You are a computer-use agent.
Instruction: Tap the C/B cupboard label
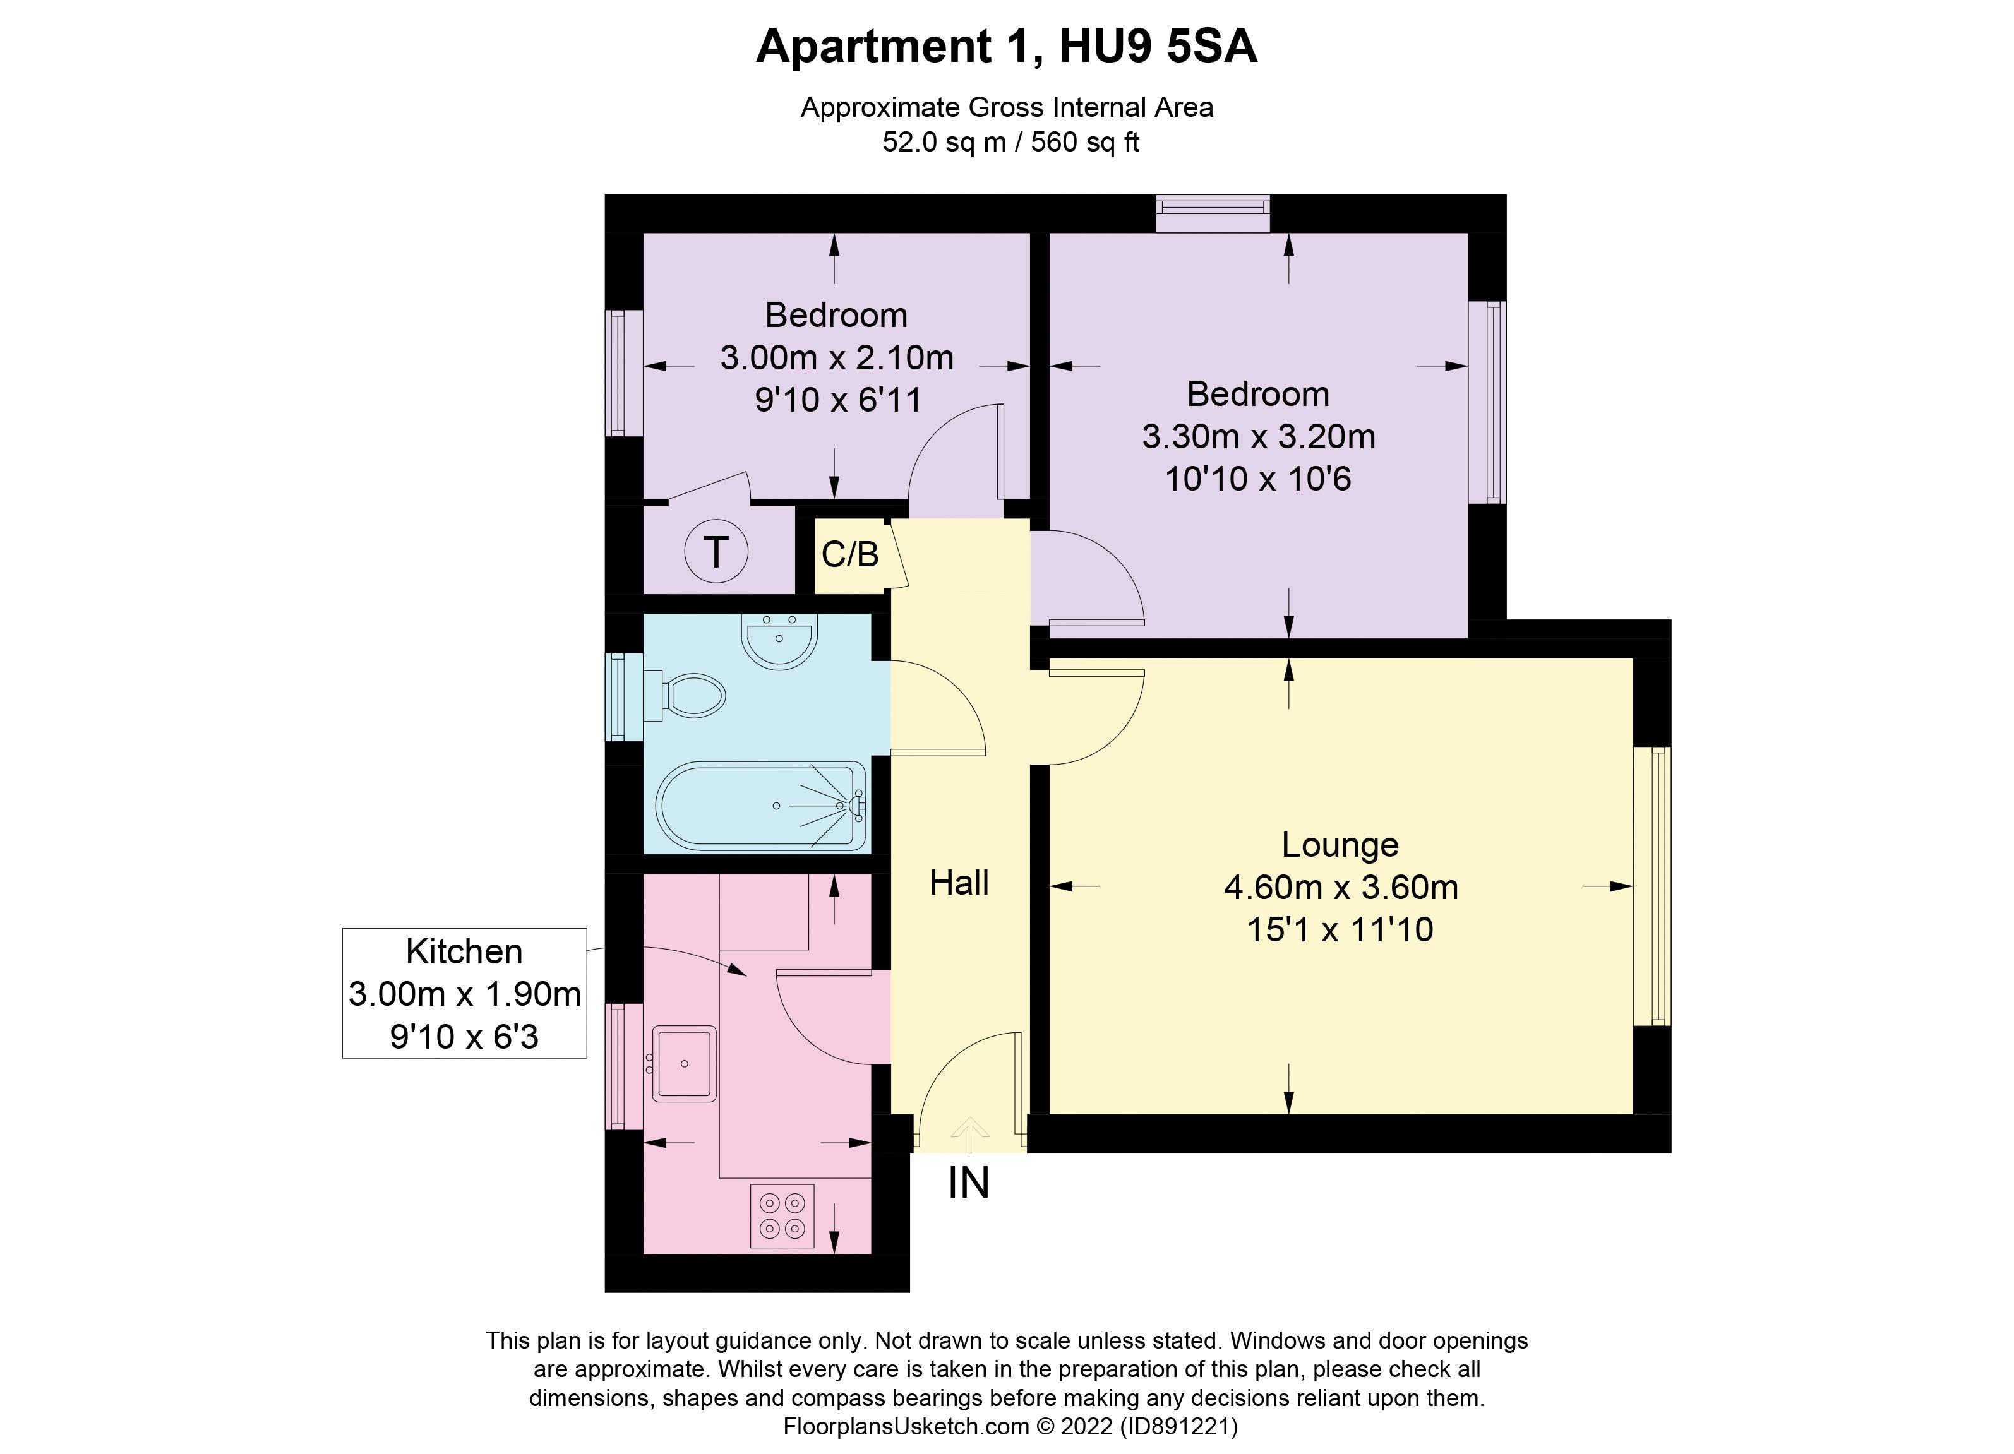coord(850,555)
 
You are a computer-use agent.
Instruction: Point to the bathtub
coord(761,805)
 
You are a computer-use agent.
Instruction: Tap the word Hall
coord(959,883)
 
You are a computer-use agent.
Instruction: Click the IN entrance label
coord(968,1183)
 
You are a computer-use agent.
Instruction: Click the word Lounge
coord(1339,845)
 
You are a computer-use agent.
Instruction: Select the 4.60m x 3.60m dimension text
coord(1341,888)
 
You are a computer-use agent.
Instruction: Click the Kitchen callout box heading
coord(464,951)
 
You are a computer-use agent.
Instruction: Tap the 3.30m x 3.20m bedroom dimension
coord(1258,437)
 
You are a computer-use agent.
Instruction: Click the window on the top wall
coord(1213,213)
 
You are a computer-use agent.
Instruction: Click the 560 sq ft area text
coord(1084,142)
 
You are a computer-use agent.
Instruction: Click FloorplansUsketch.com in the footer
coord(905,1426)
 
